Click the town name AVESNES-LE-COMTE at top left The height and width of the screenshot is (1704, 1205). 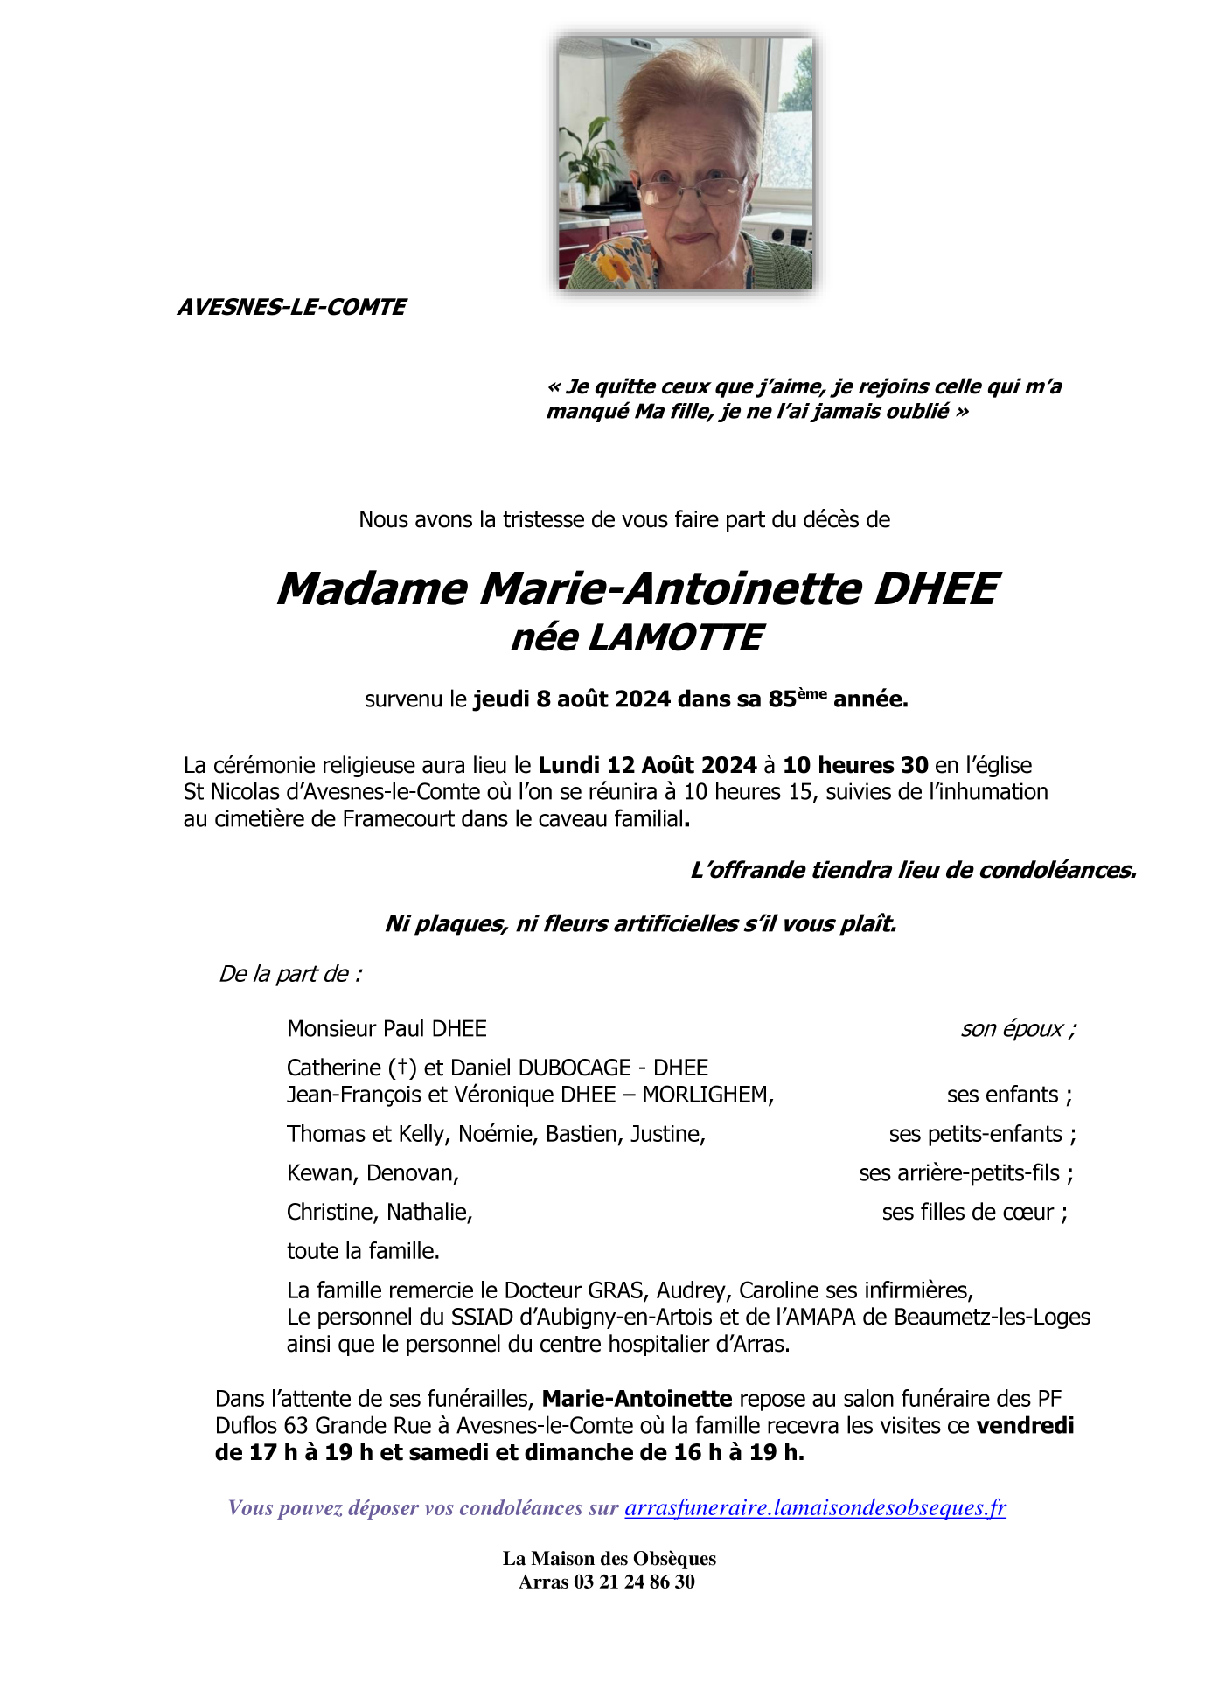[x=291, y=307]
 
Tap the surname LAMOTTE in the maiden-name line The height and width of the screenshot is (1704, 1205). [x=675, y=637]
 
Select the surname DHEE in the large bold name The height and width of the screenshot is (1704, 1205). [x=936, y=588]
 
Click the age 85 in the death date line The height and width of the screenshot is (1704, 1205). [x=782, y=699]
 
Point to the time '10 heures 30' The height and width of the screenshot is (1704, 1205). [x=855, y=765]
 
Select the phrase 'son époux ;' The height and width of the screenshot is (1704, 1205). [x=1018, y=1028]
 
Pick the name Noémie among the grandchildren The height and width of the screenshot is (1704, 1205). [x=496, y=1134]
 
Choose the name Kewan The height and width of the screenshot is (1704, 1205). [x=321, y=1173]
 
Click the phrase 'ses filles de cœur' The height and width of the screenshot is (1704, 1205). [x=968, y=1212]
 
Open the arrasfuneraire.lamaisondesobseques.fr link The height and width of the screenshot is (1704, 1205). [x=815, y=1507]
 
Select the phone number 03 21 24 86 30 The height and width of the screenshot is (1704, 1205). [x=634, y=1582]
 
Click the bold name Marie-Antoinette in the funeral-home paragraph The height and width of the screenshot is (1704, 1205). [x=637, y=1399]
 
